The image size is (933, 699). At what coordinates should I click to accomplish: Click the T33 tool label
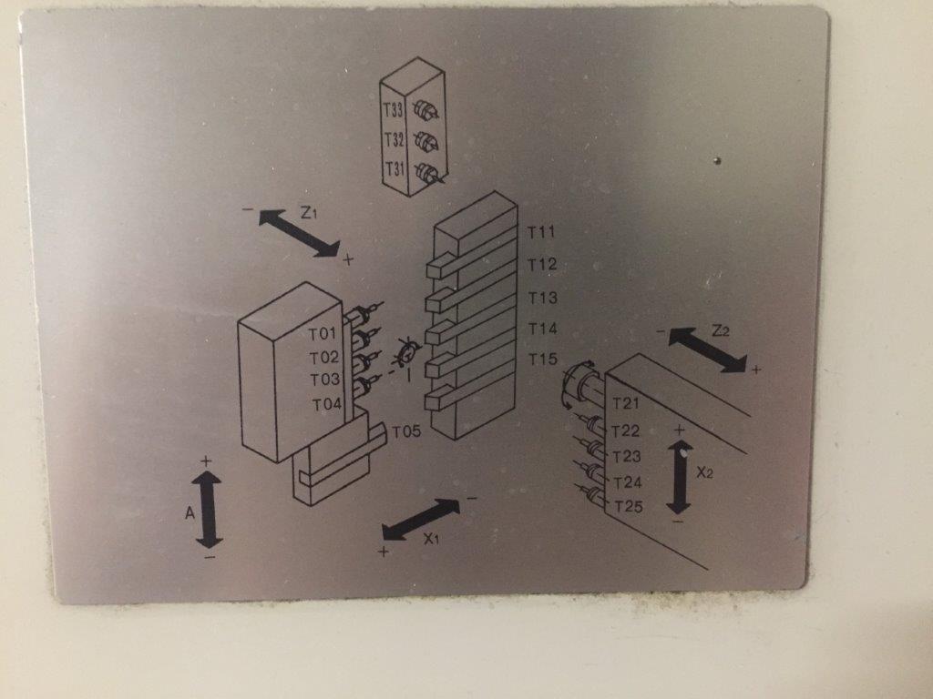point(393,110)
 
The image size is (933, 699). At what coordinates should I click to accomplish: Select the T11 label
point(541,232)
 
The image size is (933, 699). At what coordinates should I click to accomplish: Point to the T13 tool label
point(543,298)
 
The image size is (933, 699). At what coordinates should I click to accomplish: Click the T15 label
point(543,359)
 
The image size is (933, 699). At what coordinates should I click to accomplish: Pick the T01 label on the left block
point(323,334)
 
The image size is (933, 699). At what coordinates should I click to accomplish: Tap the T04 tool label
point(327,405)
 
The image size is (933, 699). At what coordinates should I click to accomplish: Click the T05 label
point(406,431)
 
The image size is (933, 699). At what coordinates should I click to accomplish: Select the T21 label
point(625,403)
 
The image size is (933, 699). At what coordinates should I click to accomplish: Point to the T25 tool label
point(629,507)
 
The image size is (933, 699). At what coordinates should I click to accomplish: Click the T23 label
point(627,457)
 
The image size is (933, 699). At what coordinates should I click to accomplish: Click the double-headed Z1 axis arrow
point(299,234)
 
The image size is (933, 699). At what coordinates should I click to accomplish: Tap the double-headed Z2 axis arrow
point(707,350)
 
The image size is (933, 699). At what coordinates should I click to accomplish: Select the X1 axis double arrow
point(421,520)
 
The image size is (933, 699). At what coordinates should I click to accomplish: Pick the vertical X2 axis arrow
point(679,477)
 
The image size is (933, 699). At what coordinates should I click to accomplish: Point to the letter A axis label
point(190,512)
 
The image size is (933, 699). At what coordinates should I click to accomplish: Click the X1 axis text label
point(431,539)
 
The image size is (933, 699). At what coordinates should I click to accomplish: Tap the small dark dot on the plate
point(718,160)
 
